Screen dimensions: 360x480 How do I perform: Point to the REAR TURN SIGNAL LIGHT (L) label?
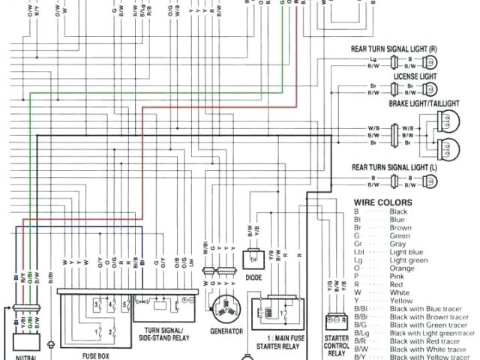tap(394, 166)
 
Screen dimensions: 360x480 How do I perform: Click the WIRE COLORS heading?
tap(382, 202)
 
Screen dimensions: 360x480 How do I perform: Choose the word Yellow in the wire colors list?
tap(402, 300)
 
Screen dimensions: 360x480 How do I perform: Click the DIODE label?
tap(251, 275)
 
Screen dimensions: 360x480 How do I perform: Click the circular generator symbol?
tap(224, 307)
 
